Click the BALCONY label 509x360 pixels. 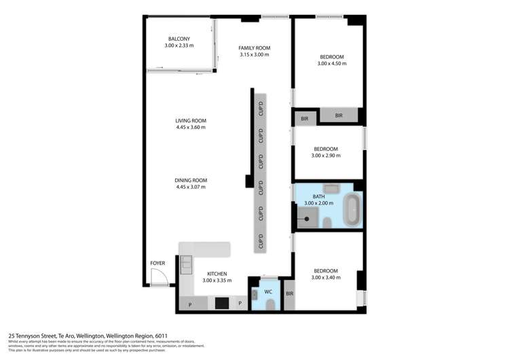[x=179, y=39]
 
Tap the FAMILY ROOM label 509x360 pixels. [x=254, y=48]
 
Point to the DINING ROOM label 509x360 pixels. [x=191, y=180]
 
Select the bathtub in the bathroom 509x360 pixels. [x=352, y=210]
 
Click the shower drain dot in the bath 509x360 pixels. [x=307, y=219]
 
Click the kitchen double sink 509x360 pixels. [x=185, y=263]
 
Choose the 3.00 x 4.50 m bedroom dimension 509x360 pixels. [x=331, y=64]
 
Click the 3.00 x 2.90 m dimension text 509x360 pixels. [x=326, y=156]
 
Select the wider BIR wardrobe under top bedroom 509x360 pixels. [x=339, y=116]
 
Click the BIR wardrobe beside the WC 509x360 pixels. [x=289, y=293]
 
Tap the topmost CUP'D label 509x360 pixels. [x=261, y=109]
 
